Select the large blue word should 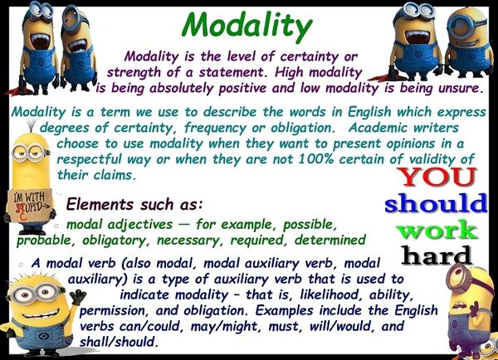436,202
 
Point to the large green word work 436,228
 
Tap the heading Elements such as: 133,203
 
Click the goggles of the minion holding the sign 25,153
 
